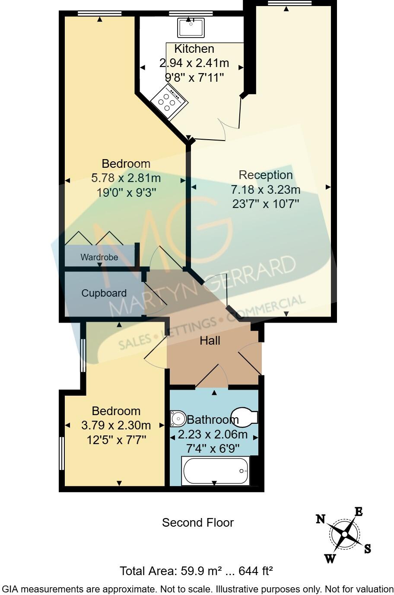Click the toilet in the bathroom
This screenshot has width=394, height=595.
(x=245, y=417)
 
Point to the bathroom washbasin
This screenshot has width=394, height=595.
(x=178, y=418)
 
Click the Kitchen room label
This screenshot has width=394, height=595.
(x=194, y=49)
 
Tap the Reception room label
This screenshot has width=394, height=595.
(x=266, y=175)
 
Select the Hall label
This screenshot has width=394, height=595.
(x=210, y=341)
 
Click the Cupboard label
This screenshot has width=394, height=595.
(x=104, y=293)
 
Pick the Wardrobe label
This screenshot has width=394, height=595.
(x=99, y=257)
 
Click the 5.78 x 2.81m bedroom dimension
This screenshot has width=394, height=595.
(x=126, y=178)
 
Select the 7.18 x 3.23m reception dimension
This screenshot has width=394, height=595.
(x=266, y=189)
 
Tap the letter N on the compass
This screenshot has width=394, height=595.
(x=320, y=519)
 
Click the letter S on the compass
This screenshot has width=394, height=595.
(x=367, y=549)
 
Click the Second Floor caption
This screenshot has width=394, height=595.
(x=197, y=523)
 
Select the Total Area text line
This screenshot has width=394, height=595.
(x=196, y=571)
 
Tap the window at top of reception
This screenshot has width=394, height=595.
(x=289, y=3)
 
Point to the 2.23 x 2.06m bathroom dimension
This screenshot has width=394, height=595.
(x=213, y=434)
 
